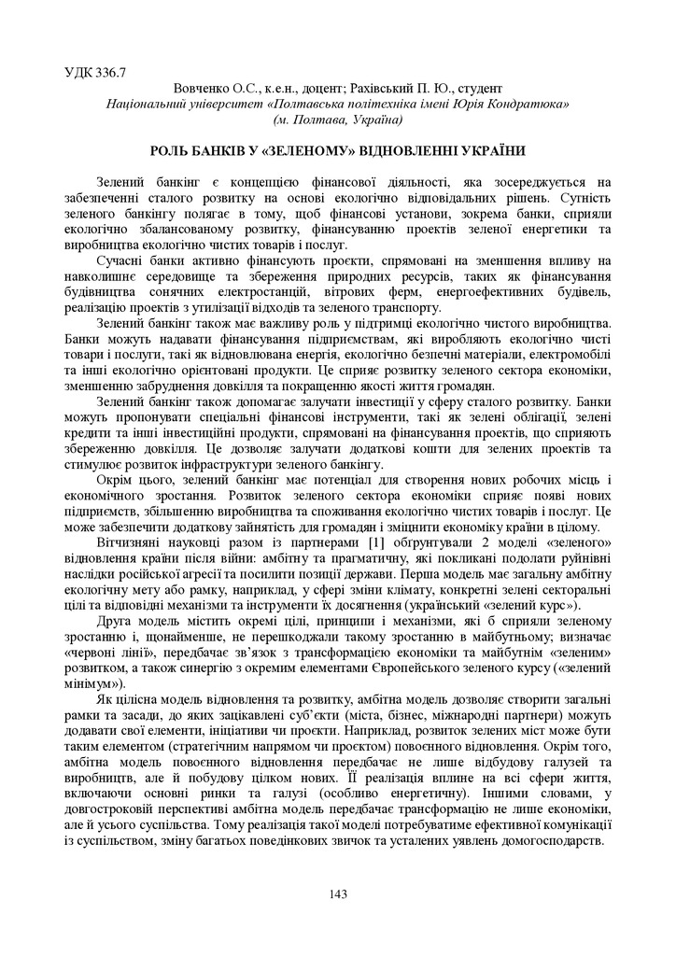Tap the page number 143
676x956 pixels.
[338, 894]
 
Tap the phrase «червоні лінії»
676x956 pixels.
[106, 654]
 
